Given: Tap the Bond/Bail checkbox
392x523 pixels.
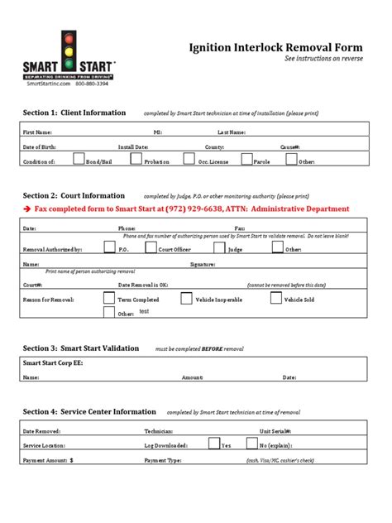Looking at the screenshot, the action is (x=78, y=159).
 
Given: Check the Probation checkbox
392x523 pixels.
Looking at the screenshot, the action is (x=136, y=159).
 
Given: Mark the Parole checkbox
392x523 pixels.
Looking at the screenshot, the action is (x=245, y=159).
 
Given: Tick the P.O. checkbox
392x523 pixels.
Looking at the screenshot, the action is (x=109, y=246).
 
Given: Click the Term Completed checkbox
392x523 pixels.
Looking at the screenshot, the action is (x=109, y=298).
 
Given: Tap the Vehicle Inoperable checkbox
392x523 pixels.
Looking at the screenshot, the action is (x=186, y=298).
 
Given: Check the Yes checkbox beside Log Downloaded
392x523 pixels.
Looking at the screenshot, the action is (x=213, y=444).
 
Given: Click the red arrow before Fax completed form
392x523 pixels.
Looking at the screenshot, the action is (x=26, y=209).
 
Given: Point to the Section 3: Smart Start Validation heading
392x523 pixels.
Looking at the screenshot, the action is (x=81, y=348).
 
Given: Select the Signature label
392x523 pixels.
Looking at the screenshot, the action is (x=203, y=265).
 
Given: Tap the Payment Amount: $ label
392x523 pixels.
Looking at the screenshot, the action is (x=49, y=459).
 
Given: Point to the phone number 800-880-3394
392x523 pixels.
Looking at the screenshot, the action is (x=92, y=84).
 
